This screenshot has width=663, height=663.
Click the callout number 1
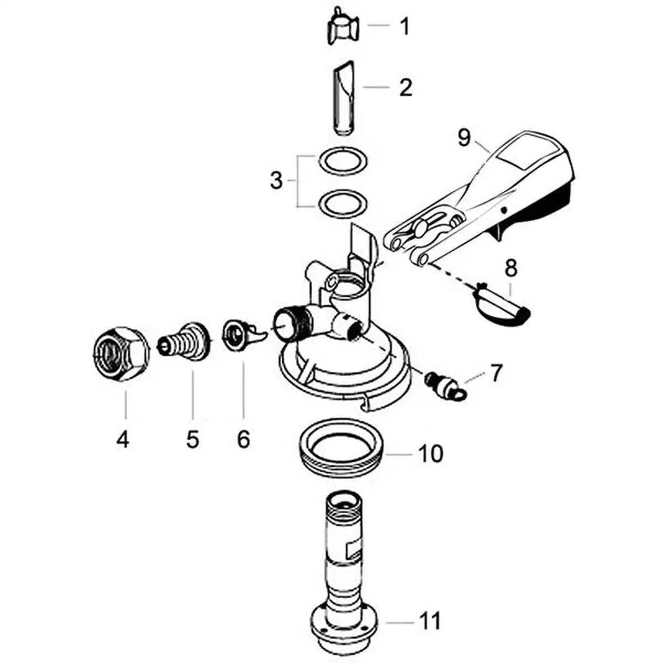[x=405, y=26]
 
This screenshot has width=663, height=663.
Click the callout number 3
[x=276, y=181]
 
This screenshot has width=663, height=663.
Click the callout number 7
[x=496, y=373]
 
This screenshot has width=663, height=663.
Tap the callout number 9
[x=464, y=138]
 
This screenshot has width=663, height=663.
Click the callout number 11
[x=430, y=621]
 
